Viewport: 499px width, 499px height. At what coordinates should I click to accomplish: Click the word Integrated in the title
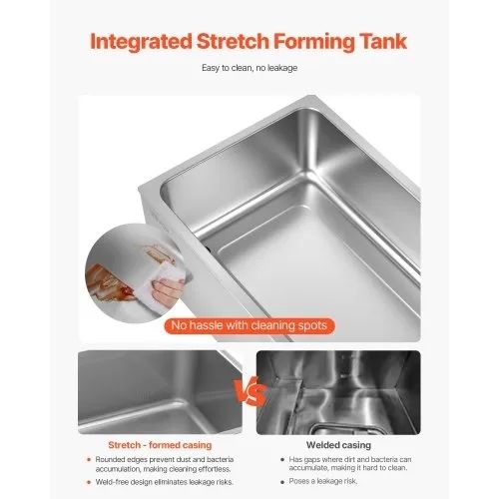click(141, 42)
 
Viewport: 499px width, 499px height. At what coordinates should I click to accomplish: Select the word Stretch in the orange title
click(233, 41)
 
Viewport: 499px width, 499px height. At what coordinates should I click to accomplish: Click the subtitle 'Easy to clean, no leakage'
click(249, 68)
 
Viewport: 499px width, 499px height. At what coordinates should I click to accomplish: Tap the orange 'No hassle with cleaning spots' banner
click(249, 325)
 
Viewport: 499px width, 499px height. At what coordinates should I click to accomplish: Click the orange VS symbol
click(250, 392)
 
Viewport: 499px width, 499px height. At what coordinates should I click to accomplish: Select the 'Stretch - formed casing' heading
click(160, 445)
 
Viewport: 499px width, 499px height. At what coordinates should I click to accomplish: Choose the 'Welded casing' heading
click(338, 445)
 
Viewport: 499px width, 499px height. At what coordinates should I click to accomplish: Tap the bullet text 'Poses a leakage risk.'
click(323, 481)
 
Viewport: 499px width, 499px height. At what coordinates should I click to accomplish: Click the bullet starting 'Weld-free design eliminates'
click(165, 482)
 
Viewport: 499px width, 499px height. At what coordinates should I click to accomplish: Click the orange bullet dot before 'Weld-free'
click(89, 482)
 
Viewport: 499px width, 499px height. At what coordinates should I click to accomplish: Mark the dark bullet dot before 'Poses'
click(282, 481)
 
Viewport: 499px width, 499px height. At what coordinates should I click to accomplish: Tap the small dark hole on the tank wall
click(208, 248)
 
